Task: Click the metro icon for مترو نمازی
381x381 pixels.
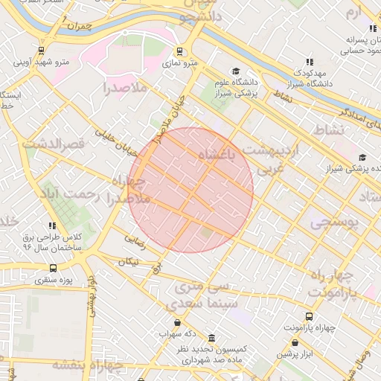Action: [x=179, y=51]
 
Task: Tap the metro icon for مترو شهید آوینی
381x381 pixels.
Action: [x=19, y=51]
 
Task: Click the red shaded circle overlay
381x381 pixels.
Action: [x=190, y=190]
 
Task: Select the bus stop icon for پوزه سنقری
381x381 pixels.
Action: [x=52, y=268]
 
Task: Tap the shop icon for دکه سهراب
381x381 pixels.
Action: [x=177, y=322]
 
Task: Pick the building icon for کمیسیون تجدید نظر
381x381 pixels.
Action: [x=212, y=337]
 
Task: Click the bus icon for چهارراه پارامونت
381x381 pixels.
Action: [x=310, y=316]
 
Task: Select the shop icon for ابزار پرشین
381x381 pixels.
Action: [x=296, y=343]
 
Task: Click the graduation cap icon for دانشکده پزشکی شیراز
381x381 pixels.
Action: [x=362, y=157]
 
